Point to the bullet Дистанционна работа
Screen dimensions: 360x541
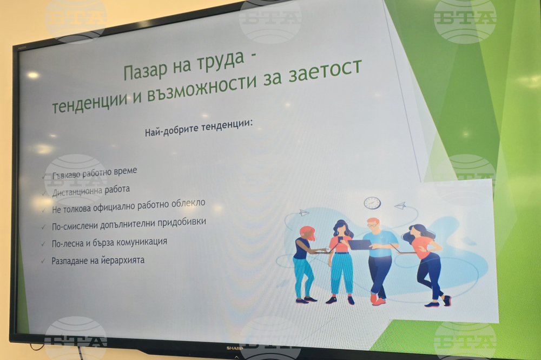coord(91,191)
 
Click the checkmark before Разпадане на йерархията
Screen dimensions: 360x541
coord(43,262)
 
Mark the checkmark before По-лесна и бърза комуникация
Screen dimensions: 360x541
coord(43,244)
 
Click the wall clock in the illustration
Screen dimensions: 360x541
coord(372,203)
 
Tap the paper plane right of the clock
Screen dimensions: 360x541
coord(400,205)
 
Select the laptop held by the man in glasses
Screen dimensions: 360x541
coord(359,244)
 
